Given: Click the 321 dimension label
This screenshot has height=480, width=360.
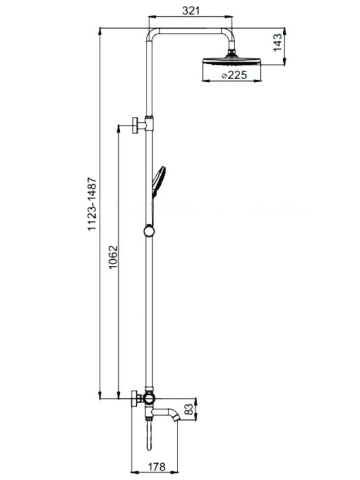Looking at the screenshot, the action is tap(191, 11).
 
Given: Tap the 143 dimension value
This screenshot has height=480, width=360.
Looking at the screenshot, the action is tap(277, 43).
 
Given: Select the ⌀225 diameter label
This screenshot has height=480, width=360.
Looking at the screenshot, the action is tap(234, 75).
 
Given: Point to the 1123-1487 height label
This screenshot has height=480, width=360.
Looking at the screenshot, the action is tap(92, 204).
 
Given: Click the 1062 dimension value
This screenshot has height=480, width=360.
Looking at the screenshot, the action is tap(113, 257).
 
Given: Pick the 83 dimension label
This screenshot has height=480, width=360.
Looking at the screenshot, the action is tap(189, 410).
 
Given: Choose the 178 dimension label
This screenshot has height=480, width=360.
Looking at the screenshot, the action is tap(157, 467).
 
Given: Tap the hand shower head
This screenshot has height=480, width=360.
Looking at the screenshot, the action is tap(158, 181).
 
